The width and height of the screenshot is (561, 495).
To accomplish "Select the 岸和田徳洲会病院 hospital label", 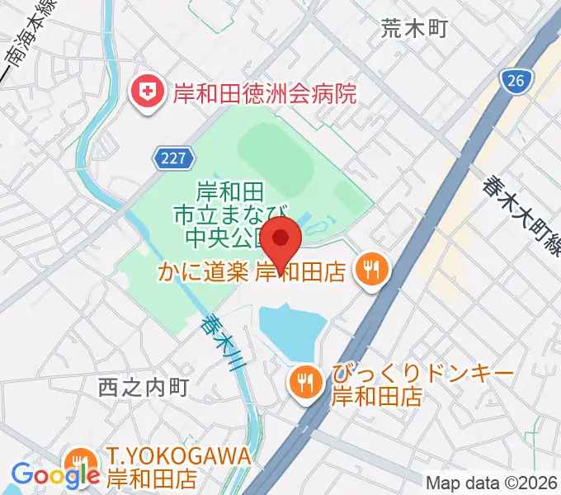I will [264, 92].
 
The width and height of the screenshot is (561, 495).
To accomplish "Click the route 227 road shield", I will [174, 157].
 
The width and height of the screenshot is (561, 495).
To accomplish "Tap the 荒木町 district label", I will [413, 30].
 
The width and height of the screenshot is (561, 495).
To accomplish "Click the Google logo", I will [55, 474].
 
